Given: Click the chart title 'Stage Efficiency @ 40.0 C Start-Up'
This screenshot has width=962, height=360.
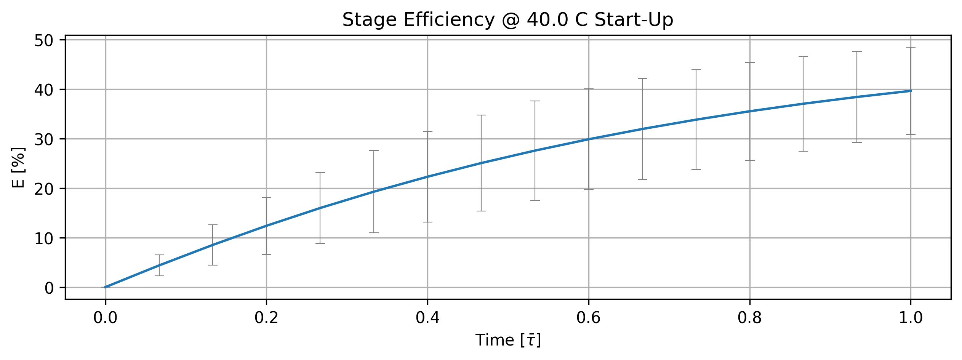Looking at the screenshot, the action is (507, 20).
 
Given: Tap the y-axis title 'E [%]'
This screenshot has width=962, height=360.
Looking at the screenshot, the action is (18, 167).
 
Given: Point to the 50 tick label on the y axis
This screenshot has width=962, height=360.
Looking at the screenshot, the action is (44, 41).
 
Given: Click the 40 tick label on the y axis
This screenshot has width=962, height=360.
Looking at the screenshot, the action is (44, 90).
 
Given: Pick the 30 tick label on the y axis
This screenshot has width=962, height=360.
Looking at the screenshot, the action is (44, 140).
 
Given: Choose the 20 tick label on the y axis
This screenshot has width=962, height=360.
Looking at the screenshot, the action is (44, 189).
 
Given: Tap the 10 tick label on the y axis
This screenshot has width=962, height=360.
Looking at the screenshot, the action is (44, 239).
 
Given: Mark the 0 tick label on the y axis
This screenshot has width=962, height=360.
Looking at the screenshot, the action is (49, 288).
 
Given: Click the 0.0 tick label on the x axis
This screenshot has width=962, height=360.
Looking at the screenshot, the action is (105, 318).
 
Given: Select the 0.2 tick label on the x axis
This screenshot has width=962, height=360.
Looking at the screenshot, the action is (266, 318).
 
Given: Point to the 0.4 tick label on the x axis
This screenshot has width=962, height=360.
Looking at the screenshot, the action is (427, 318).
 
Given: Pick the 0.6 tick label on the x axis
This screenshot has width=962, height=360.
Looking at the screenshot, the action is (589, 318).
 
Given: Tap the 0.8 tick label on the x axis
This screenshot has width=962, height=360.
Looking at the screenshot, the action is (750, 318).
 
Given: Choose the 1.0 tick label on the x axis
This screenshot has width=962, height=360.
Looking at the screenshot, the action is (911, 318).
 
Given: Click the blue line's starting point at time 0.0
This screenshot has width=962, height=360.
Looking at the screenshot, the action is (106, 287).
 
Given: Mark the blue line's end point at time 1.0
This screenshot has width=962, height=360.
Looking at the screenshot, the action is (911, 91).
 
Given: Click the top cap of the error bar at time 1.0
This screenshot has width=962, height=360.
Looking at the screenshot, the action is (911, 47).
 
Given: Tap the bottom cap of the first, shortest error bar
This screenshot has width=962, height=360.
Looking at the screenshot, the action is (159, 276).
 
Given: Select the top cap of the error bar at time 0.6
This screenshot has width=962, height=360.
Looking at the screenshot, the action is (589, 89).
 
